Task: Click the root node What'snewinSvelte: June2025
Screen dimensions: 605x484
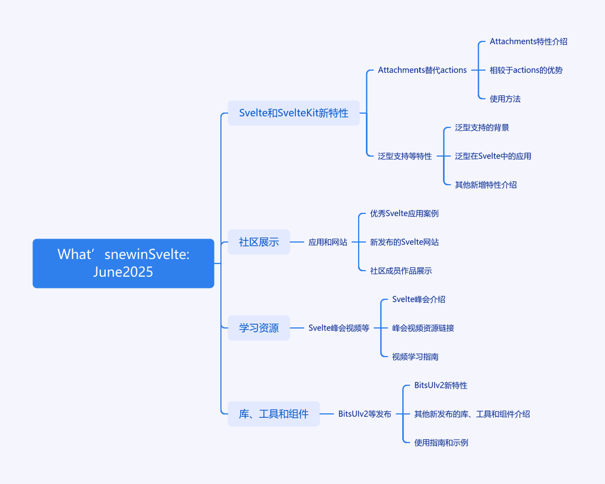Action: point(123,263)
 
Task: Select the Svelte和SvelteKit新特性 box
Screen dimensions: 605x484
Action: point(294,113)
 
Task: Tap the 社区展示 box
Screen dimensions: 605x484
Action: point(259,242)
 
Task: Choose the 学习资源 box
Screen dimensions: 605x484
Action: point(259,328)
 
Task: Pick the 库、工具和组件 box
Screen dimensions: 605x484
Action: point(273,414)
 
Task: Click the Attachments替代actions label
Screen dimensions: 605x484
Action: point(422,70)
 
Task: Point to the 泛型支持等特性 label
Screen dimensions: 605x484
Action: point(405,156)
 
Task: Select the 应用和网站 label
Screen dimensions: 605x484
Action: point(328,242)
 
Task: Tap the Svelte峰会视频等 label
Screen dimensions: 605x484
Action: point(339,328)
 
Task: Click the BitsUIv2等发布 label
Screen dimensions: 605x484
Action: point(365,414)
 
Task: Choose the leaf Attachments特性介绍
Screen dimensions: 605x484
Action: point(529,41)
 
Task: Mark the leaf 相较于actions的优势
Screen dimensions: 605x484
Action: point(526,70)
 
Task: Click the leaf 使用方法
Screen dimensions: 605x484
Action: point(505,99)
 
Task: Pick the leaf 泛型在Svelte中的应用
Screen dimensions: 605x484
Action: point(493,156)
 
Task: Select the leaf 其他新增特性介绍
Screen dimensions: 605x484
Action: point(486,185)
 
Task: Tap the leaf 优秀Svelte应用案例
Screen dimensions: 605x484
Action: point(404,213)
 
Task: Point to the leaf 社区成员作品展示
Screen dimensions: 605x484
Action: point(401,271)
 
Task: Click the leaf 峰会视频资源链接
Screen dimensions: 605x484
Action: point(423,328)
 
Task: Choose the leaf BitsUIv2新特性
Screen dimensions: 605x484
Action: point(441,385)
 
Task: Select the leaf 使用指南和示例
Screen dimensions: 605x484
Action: point(441,443)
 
